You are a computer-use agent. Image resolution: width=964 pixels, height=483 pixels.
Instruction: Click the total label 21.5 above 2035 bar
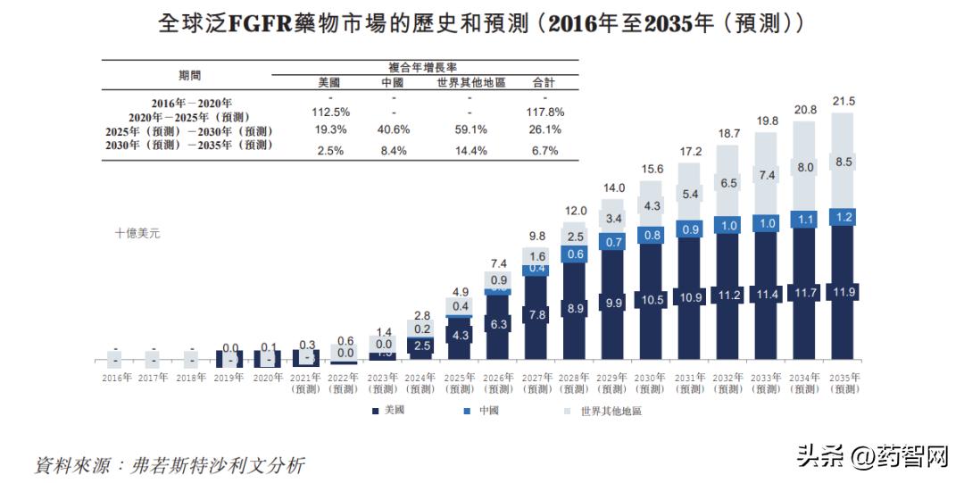(843, 101)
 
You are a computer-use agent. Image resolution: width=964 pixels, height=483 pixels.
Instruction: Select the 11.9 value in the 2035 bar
(843, 293)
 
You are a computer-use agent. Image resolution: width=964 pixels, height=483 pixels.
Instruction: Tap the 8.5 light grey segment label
(844, 162)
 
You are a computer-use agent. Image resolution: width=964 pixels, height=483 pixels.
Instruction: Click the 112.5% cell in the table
(330, 112)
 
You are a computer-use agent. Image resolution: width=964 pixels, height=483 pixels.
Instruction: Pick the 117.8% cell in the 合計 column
(544, 112)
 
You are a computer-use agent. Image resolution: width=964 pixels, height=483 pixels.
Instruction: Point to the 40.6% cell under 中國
(393, 129)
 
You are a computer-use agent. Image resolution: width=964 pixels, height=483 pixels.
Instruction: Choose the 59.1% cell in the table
(470, 129)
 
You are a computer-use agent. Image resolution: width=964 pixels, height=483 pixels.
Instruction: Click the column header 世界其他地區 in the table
(470, 82)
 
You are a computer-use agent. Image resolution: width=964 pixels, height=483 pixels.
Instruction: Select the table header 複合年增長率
(422, 66)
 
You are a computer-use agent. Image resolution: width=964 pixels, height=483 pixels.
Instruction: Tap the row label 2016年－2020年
(191, 103)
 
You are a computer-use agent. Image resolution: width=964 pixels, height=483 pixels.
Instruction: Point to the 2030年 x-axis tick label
(652, 378)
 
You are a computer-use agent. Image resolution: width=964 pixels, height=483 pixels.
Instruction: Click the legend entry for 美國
(388, 411)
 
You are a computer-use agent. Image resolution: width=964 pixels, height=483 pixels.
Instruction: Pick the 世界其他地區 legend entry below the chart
(604, 411)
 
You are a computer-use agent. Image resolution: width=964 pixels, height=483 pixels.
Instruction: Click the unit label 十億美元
(137, 233)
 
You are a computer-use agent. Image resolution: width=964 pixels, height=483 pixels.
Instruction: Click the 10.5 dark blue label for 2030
(652, 300)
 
